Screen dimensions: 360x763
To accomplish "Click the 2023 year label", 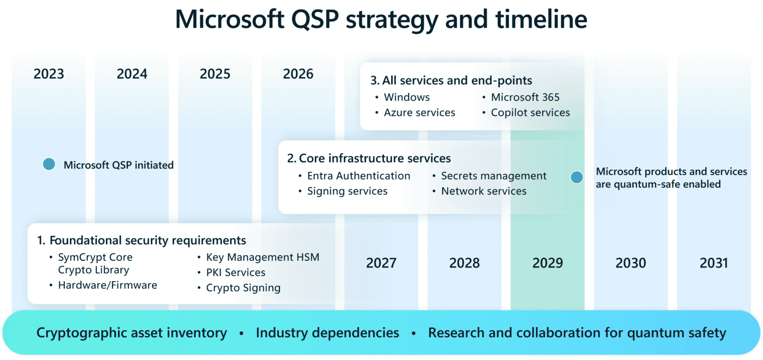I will click(49, 74).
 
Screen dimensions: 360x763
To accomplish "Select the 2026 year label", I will click(298, 74).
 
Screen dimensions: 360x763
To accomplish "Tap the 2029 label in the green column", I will click(547, 263).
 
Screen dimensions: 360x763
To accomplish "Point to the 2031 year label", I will click(713, 263).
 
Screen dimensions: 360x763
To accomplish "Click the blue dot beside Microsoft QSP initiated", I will click(49, 164).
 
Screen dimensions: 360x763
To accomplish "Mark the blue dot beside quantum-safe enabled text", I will click(577, 177).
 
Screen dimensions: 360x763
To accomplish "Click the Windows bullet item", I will click(406, 97).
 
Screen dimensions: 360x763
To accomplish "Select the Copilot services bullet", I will click(530, 113).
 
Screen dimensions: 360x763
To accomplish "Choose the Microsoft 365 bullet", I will click(525, 97).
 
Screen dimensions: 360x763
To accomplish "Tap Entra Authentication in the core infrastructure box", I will click(358, 176).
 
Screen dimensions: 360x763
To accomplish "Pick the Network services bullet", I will click(484, 191).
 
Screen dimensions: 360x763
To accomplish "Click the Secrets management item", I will click(494, 176).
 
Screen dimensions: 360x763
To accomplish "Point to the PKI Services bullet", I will click(236, 272).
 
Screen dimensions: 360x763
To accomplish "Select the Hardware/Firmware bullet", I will click(107, 285).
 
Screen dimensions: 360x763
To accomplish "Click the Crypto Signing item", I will click(243, 288).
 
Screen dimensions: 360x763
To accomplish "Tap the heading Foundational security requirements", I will click(147, 240).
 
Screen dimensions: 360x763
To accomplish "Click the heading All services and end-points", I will click(457, 80).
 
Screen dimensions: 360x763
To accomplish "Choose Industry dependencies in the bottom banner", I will click(327, 332).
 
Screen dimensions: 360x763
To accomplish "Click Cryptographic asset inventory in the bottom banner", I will click(132, 332).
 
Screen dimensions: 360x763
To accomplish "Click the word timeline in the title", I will click(541, 20).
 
